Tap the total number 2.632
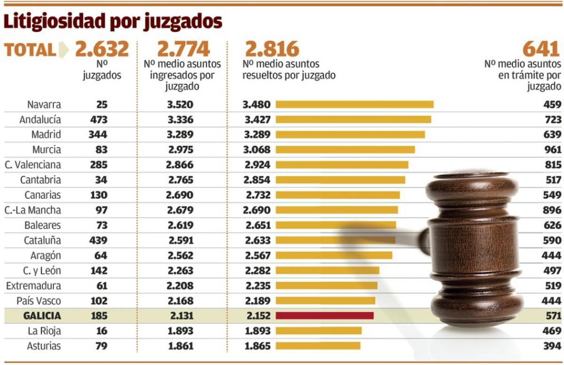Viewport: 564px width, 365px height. pyautogui.click(x=102, y=49)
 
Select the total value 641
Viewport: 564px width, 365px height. pyautogui.click(x=542, y=49)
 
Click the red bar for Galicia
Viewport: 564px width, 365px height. pyautogui.click(x=324, y=316)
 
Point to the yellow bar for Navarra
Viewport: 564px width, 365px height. pyautogui.click(x=354, y=104)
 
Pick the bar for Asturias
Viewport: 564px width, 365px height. pyautogui.click(x=318, y=346)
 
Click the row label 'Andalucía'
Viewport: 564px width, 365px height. pyautogui.click(x=40, y=119)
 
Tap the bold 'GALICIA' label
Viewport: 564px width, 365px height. pyautogui.click(x=42, y=316)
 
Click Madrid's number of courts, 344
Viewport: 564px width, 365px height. pyautogui.click(x=98, y=134)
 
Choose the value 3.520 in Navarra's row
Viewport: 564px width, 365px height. pyautogui.click(x=180, y=104)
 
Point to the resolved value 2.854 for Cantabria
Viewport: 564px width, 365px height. pyautogui.click(x=258, y=180)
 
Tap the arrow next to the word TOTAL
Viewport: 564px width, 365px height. pyautogui.click(x=63, y=50)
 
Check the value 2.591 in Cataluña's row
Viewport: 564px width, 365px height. pyautogui.click(x=180, y=240)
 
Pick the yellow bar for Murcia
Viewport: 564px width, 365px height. pyautogui.click(x=345, y=149)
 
